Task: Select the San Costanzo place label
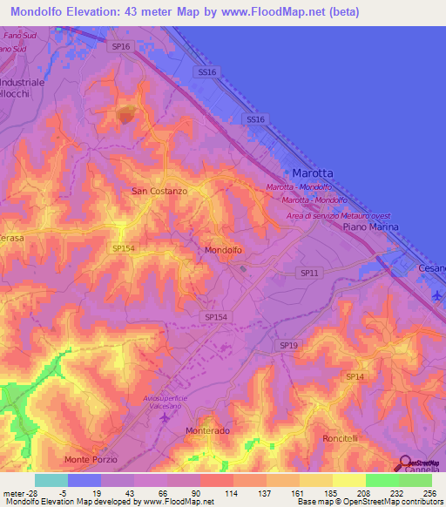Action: click(x=159, y=191)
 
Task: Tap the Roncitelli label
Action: click(x=341, y=437)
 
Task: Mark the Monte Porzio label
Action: click(x=90, y=459)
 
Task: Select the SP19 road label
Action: click(x=289, y=346)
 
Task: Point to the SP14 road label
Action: click(x=354, y=376)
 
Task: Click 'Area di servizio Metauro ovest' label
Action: click(x=340, y=215)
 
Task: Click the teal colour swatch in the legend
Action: click(x=51, y=480)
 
